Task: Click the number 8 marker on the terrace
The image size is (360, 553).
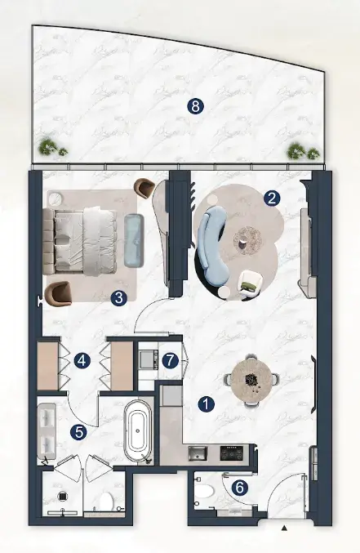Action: [195, 106]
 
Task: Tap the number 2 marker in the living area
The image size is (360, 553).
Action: [272, 198]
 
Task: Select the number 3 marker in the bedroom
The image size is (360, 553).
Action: [119, 298]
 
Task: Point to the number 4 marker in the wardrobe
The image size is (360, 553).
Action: [82, 361]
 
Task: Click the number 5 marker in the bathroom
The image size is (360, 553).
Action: [78, 431]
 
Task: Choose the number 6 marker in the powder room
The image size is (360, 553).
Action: [240, 488]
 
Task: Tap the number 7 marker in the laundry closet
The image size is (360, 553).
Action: [171, 361]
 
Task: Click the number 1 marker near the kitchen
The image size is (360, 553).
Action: [207, 404]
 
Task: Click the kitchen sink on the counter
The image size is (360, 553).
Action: [198, 453]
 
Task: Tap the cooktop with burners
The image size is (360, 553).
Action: [232, 453]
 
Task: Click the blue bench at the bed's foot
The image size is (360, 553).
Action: [134, 240]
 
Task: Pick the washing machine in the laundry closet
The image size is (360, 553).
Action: [148, 359]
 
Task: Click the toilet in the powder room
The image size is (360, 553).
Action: [205, 491]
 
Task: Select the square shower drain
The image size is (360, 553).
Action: [62, 496]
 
